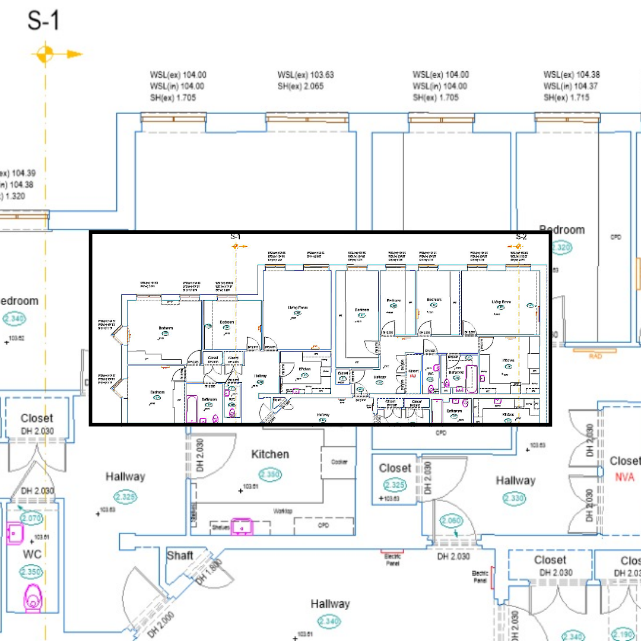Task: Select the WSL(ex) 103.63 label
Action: point(306,75)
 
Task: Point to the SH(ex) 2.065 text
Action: point(305,87)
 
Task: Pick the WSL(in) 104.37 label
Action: point(572,86)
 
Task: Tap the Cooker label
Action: point(339,462)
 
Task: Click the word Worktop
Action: point(283,511)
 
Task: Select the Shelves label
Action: point(220,527)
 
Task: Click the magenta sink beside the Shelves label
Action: point(242,526)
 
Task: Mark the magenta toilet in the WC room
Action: point(33,596)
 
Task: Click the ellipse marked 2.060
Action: point(451,521)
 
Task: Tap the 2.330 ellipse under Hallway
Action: point(515,499)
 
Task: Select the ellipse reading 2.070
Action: point(31,518)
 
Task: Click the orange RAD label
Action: point(595,356)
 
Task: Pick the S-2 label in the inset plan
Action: point(521,237)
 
